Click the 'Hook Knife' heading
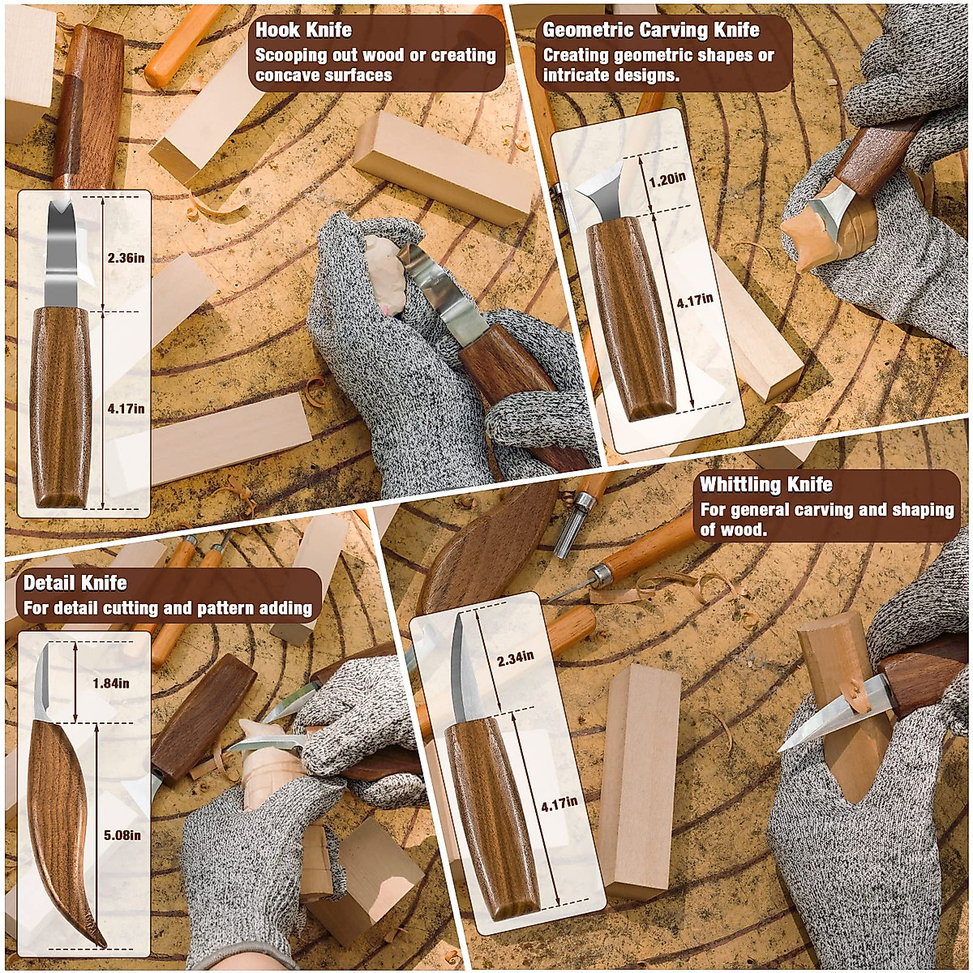304,30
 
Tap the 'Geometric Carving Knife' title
650,30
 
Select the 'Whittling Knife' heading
765,485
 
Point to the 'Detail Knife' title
75,583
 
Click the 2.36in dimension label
126,259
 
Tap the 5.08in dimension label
122,835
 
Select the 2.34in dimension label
515,658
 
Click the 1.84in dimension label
109,683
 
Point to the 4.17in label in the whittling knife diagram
559,803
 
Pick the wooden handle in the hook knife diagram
61,405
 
